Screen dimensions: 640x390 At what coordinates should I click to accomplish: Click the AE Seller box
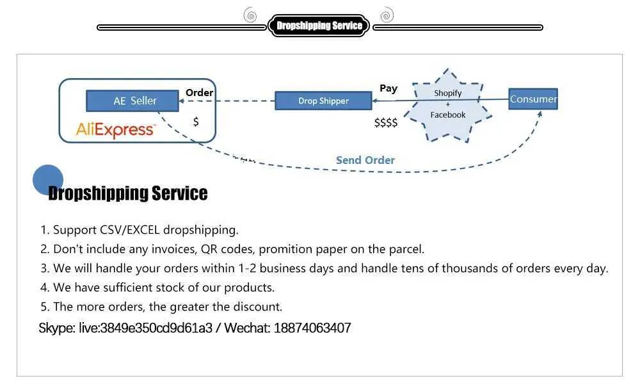(x=132, y=101)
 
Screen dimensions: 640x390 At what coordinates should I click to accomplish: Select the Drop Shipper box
(x=323, y=101)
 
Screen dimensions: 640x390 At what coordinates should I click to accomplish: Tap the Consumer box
(x=533, y=99)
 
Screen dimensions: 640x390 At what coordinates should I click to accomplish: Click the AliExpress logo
(x=116, y=130)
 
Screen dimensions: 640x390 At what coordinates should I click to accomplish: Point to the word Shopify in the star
(x=448, y=93)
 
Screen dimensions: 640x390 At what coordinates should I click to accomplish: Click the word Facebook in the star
(x=448, y=115)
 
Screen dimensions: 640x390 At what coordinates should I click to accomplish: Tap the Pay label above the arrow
(x=388, y=88)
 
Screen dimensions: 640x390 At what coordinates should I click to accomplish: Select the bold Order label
(x=199, y=93)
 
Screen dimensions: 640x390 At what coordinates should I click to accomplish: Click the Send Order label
(x=365, y=160)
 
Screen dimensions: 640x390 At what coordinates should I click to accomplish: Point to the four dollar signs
(x=386, y=122)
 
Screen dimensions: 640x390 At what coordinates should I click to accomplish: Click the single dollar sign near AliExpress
(x=196, y=121)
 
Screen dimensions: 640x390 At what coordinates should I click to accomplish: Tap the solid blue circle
(x=48, y=180)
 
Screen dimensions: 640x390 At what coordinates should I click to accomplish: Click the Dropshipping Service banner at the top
(x=319, y=26)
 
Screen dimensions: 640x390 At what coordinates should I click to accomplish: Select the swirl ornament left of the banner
(x=250, y=15)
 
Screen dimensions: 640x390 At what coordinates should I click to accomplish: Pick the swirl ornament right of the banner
(x=387, y=15)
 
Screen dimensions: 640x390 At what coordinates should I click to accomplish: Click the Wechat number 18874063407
(x=312, y=328)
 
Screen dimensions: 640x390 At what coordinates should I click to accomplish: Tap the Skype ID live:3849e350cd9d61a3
(x=145, y=328)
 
